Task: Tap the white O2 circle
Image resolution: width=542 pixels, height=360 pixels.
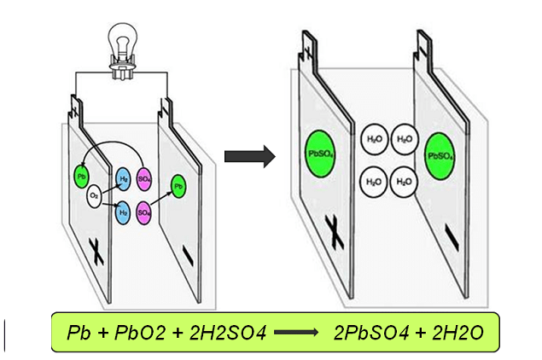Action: [x=96, y=197]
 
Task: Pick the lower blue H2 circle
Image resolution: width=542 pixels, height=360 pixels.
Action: [x=123, y=211]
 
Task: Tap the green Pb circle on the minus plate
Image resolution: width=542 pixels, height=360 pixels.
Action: [x=178, y=185]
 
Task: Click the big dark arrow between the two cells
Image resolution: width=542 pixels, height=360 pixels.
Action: [x=248, y=156]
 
